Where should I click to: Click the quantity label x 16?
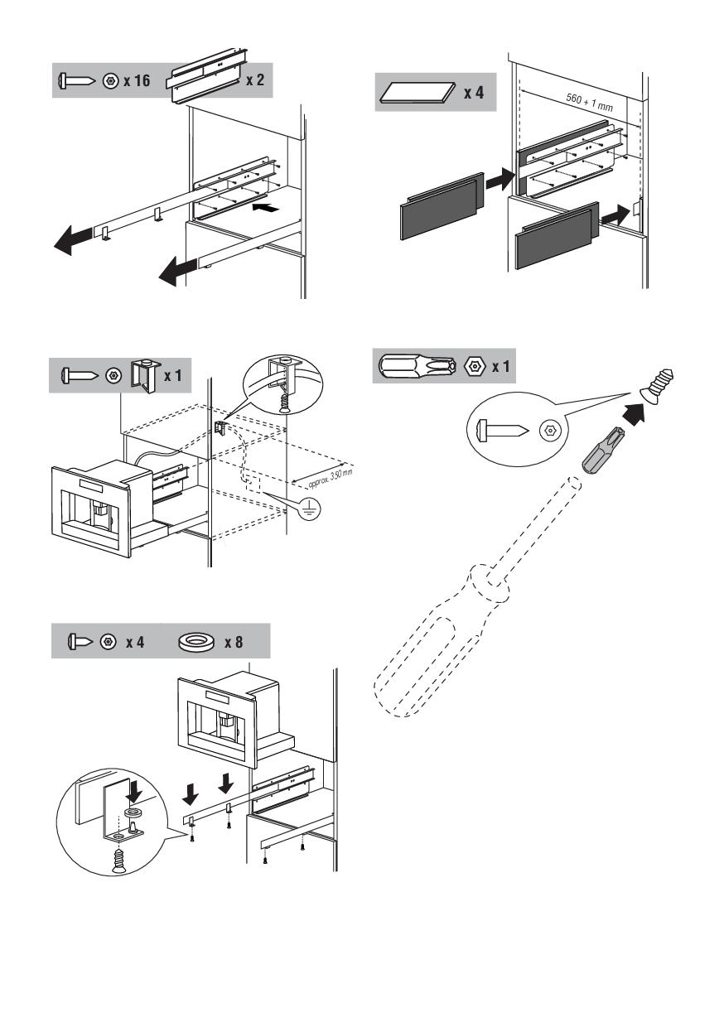click(x=138, y=81)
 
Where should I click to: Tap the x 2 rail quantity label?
click(x=255, y=81)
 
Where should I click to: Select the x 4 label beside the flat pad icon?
click(x=473, y=92)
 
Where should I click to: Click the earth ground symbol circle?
click(x=311, y=510)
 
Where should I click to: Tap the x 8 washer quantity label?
click(x=234, y=642)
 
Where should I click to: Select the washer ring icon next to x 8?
click(x=196, y=642)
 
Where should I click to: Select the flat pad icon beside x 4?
click(x=418, y=93)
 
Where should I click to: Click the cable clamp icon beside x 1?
click(x=144, y=375)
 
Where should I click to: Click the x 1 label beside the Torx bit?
click(x=500, y=366)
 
